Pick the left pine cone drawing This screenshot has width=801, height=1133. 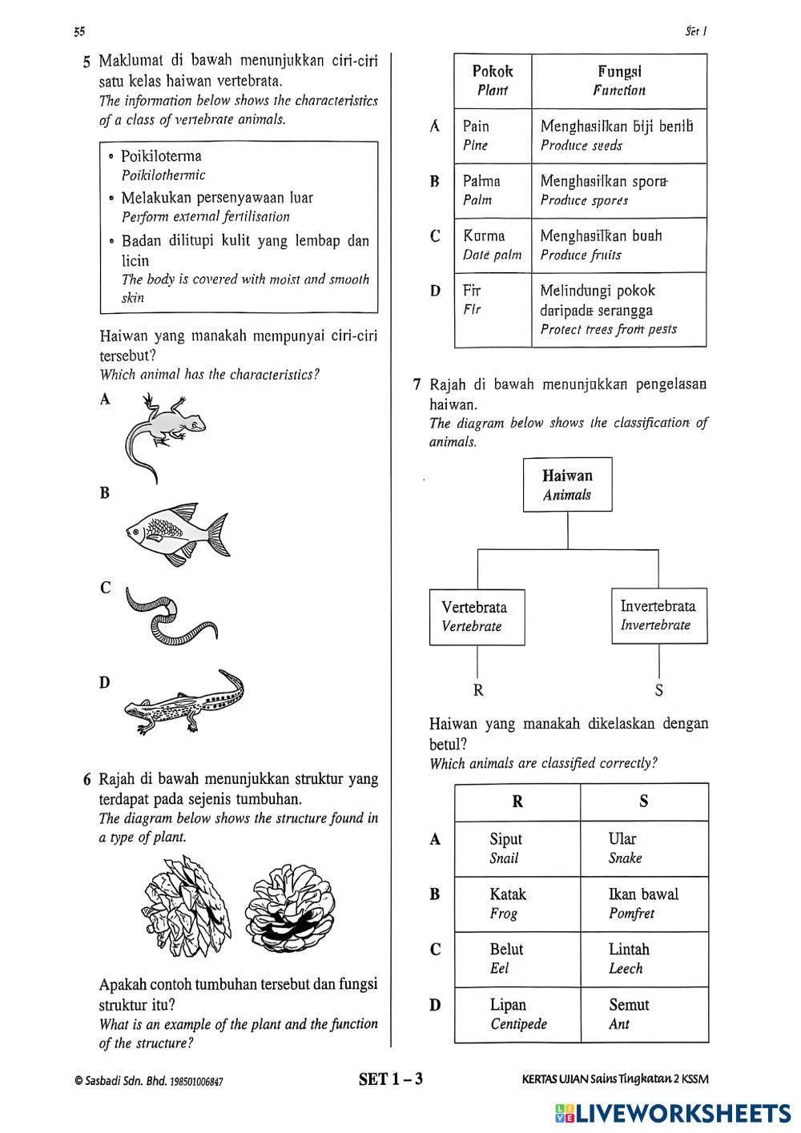click(187, 905)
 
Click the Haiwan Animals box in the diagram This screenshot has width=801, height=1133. click(567, 484)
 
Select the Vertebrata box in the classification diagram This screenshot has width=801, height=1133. click(477, 617)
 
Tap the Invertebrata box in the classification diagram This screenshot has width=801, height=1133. click(658, 615)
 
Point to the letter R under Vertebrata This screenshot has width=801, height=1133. click(478, 690)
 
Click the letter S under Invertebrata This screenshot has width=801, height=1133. click(658, 690)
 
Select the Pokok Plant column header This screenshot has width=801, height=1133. click(493, 80)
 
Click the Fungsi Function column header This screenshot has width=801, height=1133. click(619, 80)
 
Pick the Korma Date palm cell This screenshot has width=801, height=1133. click(493, 245)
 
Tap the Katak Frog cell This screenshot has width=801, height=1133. click(517, 903)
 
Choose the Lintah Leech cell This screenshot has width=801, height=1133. click(643, 958)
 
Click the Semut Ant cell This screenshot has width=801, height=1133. click(643, 1014)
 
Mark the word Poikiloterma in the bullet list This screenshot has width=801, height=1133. click(161, 156)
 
